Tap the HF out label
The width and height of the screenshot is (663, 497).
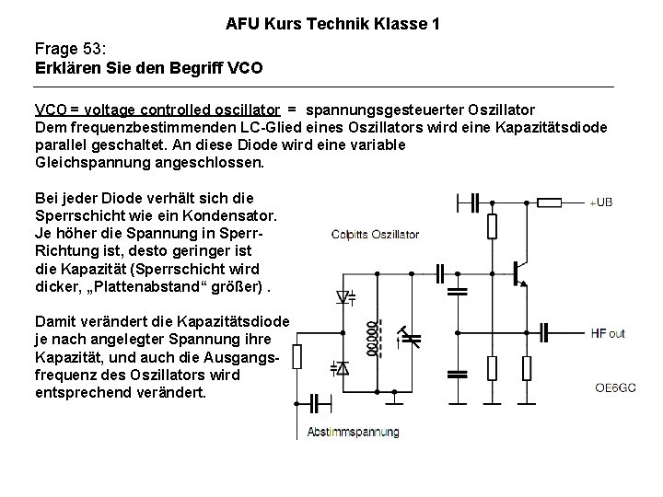click(x=608, y=332)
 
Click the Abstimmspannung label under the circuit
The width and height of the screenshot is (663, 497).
click(x=354, y=431)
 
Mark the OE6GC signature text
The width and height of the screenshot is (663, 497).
click(x=614, y=387)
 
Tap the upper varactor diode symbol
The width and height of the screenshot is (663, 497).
click(x=345, y=297)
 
